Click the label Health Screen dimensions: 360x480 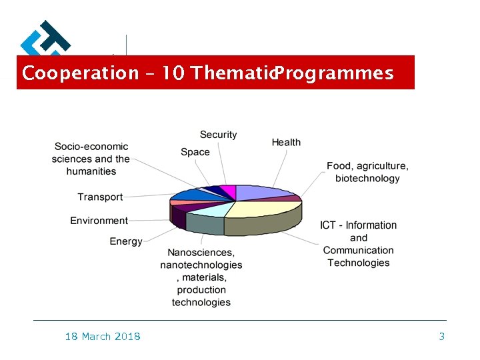tap(286, 142)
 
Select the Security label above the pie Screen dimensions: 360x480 tap(218, 135)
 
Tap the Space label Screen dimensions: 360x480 tap(195, 152)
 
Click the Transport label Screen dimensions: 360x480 tap(100, 197)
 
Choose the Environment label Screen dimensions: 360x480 tap(99, 221)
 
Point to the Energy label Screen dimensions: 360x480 tap(126, 241)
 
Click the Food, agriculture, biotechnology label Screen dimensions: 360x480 tap(367, 172)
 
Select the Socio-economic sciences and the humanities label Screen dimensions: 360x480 tap(91, 159)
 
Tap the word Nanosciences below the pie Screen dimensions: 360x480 tap(201, 253)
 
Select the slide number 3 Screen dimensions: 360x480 tap(441, 337)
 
